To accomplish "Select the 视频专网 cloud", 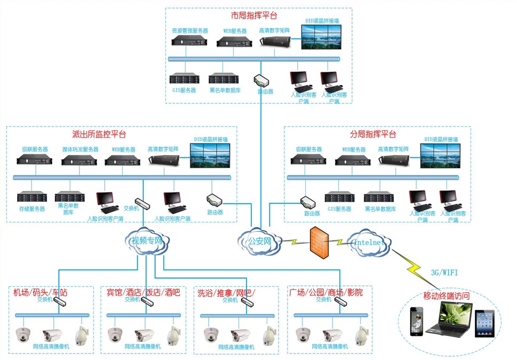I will point(147,242).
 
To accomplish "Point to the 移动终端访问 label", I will point(446,295).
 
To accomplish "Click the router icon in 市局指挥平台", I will point(263,81).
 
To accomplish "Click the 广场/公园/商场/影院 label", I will point(325,292).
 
